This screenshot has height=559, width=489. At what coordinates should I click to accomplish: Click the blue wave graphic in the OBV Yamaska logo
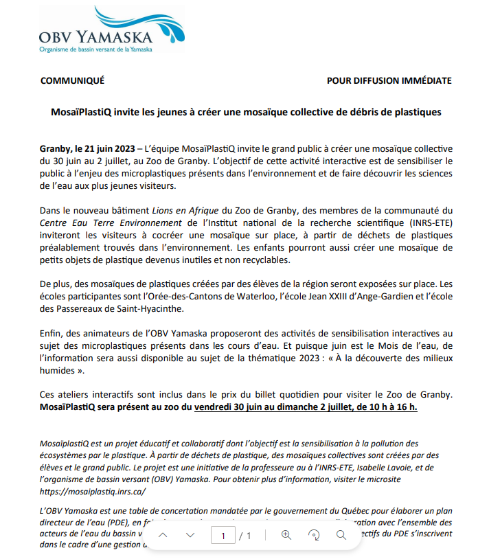(137, 24)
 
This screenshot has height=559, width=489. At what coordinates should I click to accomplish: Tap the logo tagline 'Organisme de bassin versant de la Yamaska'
(95, 49)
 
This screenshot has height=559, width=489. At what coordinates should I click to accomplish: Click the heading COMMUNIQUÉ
(73, 81)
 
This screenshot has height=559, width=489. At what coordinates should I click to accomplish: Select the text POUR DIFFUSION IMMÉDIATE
(389, 81)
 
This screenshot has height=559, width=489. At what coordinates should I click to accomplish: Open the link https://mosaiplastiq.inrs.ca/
(93, 492)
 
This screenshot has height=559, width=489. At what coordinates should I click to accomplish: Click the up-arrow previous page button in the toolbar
(163, 535)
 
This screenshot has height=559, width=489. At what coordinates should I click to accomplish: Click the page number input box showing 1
(223, 535)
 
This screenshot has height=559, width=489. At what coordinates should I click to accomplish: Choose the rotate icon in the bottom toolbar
(314, 535)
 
